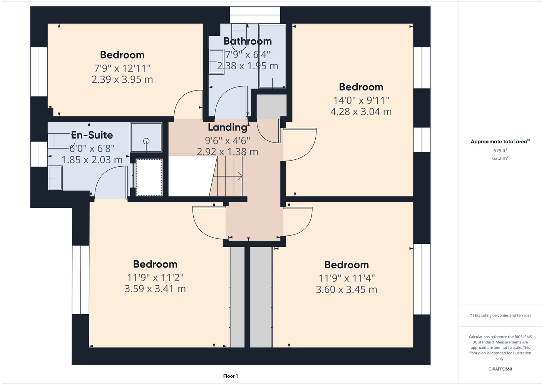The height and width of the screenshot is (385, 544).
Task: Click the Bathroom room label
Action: [248, 41]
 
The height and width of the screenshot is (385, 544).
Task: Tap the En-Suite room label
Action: [92, 135]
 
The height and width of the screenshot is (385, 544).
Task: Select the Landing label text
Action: [228, 127]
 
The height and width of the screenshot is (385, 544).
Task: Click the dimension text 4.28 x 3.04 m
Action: [361, 112]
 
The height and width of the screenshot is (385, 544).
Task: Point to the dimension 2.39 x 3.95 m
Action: [122, 79]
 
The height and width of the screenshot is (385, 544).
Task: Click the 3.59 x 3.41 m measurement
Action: [155, 289]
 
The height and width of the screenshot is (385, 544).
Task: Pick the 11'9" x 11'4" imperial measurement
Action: [346, 278]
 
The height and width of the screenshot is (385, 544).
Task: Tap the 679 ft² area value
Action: [500, 151]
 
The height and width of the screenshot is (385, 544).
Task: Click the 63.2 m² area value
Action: [500, 158]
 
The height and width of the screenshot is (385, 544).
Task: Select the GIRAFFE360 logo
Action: [500, 369]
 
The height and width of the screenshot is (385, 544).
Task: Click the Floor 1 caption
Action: [231, 376]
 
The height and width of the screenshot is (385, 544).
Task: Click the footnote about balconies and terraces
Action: [500, 315]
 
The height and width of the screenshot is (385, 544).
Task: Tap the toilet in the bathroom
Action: [239, 37]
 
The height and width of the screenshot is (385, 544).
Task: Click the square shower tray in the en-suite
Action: [146, 137]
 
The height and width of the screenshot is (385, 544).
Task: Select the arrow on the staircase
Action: [228, 176]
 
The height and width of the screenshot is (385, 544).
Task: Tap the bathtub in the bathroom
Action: [272, 56]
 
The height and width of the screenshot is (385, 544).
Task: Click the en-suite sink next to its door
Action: [55, 178]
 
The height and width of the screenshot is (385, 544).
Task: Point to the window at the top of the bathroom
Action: [255, 15]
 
